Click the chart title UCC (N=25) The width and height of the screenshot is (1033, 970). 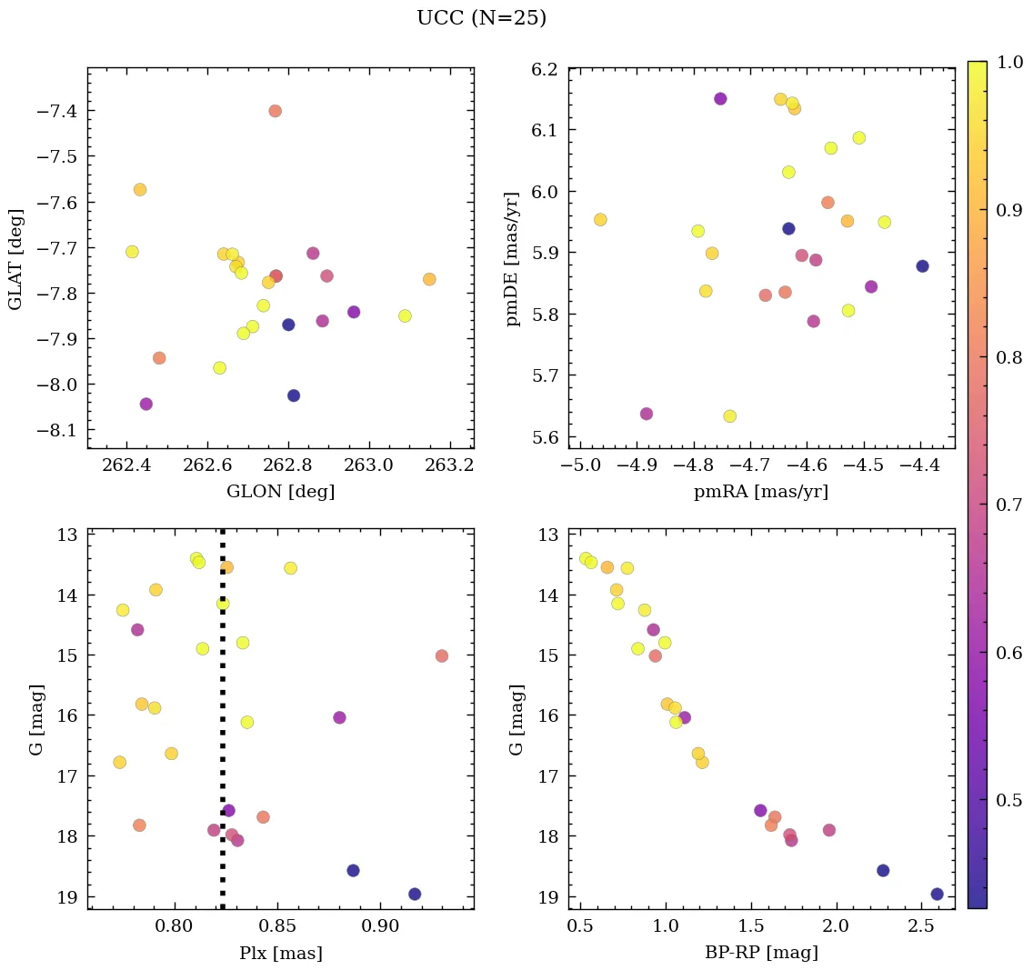pyautogui.click(x=481, y=18)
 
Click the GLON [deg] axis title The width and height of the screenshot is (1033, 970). pyautogui.click(x=280, y=492)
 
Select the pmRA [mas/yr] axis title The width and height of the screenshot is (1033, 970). pyautogui.click(x=761, y=492)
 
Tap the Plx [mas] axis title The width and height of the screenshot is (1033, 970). pyautogui.click(x=280, y=953)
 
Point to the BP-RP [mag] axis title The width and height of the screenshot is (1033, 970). pyautogui.click(x=761, y=953)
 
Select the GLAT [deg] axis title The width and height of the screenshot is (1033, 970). pyautogui.click(x=15, y=258)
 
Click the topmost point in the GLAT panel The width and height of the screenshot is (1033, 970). pyautogui.click(x=275, y=111)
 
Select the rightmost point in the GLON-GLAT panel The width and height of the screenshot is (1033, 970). pyautogui.click(x=429, y=279)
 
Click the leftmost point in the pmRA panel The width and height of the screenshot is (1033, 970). pyautogui.click(x=600, y=219)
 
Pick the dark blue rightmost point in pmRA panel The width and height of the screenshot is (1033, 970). pyautogui.click(x=922, y=266)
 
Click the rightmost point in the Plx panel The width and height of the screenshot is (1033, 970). pyautogui.click(x=442, y=655)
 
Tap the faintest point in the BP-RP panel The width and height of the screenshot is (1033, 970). pyautogui.click(x=937, y=894)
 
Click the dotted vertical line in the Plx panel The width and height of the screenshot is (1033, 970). pyautogui.click(x=223, y=727)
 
